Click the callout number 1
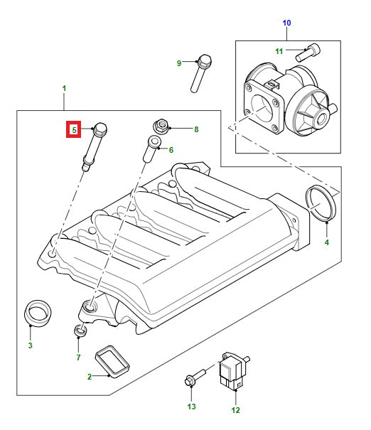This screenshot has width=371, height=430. [x=65, y=90]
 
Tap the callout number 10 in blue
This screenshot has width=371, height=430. [x=286, y=23]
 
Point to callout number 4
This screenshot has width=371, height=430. [x=326, y=243]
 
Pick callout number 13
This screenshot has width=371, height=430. [x=190, y=407]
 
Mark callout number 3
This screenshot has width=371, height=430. [x=30, y=345]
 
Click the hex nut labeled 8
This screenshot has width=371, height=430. [x=160, y=129]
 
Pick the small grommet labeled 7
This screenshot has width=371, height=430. [x=80, y=330]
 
